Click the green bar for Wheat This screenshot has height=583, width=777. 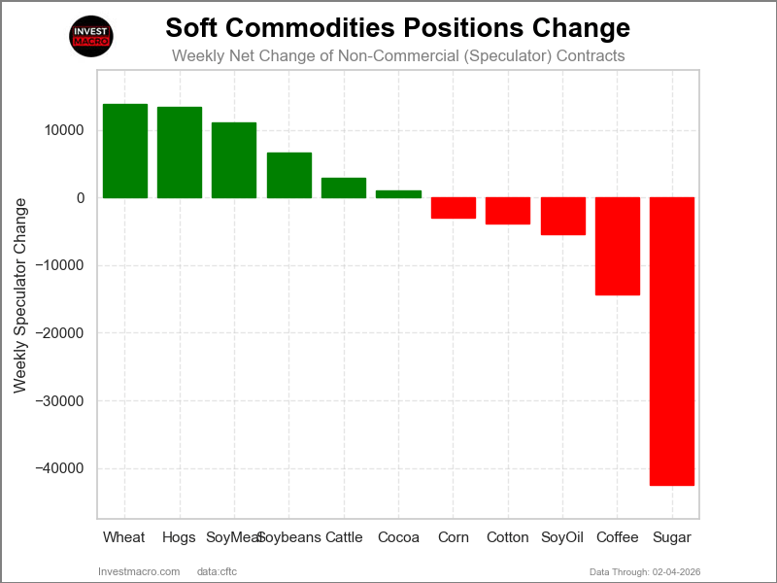(124, 151)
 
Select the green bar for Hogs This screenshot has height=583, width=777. (180, 153)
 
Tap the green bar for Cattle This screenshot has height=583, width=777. (344, 188)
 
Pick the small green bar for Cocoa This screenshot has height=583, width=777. (398, 194)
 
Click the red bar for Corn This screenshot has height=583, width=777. (454, 208)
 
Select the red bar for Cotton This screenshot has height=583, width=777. (508, 211)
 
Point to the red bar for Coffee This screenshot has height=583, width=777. (618, 246)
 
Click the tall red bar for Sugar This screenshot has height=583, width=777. (672, 341)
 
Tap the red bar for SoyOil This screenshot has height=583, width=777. (563, 216)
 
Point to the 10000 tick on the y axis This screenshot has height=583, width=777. (64, 130)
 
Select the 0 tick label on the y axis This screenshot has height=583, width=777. (80, 198)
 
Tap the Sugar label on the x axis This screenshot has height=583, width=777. (672, 537)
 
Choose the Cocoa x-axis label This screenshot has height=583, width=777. (398, 537)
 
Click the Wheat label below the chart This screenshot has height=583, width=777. (124, 537)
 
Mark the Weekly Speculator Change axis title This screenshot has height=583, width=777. (20, 295)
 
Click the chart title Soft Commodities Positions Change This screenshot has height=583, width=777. (397, 27)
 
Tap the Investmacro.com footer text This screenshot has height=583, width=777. (139, 571)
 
